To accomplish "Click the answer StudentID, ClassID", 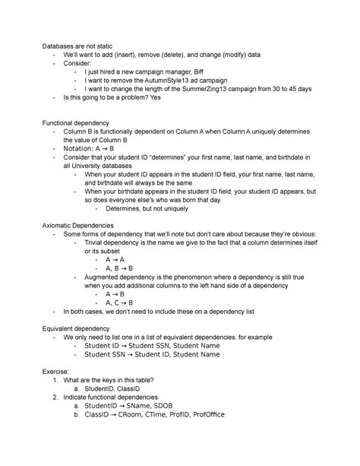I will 117,388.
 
